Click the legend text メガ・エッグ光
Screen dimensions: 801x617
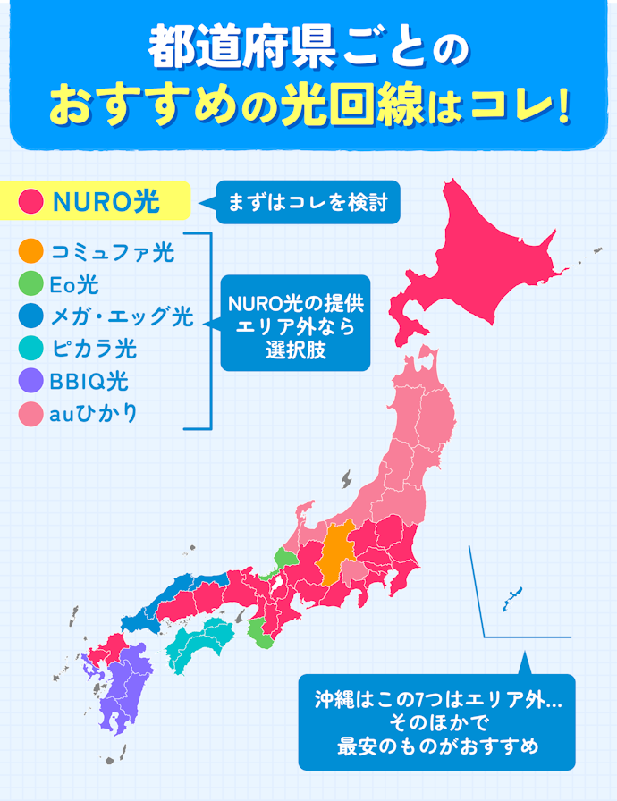click(x=122, y=316)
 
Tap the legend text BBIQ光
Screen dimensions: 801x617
click(x=89, y=382)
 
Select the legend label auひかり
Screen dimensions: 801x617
click(x=94, y=414)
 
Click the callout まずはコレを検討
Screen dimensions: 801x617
click(x=308, y=203)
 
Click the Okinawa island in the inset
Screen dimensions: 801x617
click(x=512, y=598)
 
